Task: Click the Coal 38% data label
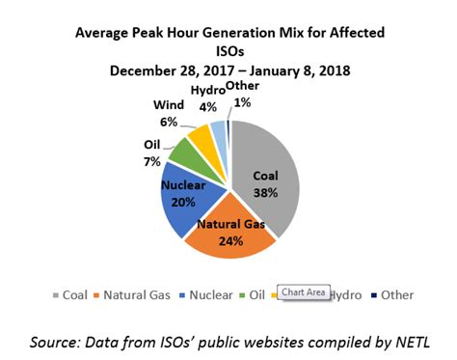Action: [x=265, y=184]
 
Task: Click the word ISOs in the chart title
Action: [x=228, y=50]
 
